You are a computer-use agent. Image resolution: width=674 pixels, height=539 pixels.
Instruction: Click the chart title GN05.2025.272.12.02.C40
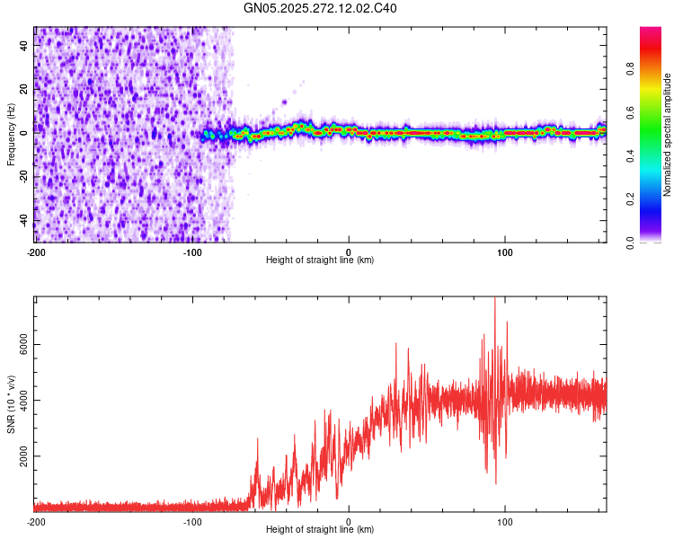320,8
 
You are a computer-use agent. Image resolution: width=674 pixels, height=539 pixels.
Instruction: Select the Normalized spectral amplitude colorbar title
668,136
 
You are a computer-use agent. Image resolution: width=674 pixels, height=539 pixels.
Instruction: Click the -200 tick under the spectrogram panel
36,252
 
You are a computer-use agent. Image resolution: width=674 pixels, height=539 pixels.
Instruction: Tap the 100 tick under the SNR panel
505,521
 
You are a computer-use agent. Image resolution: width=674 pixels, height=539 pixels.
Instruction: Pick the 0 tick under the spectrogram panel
349,252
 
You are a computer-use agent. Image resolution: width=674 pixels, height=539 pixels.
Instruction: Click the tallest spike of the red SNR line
495,300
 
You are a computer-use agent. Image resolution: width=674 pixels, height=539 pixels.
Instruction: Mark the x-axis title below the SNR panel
320,530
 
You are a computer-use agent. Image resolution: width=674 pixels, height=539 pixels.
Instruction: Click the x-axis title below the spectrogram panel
320,261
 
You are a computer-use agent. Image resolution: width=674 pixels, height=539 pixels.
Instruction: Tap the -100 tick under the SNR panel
192,521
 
